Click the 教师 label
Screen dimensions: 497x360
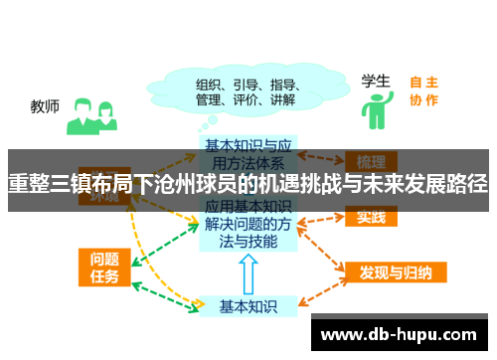point(46,106)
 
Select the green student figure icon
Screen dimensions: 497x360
point(375,109)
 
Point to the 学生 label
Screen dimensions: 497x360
point(375,80)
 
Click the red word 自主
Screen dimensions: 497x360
point(423,83)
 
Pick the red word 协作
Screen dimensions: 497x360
point(423,99)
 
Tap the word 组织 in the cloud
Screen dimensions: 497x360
point(210,84)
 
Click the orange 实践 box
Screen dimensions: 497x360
point(372,217)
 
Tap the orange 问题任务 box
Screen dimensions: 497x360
point(101,266)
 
